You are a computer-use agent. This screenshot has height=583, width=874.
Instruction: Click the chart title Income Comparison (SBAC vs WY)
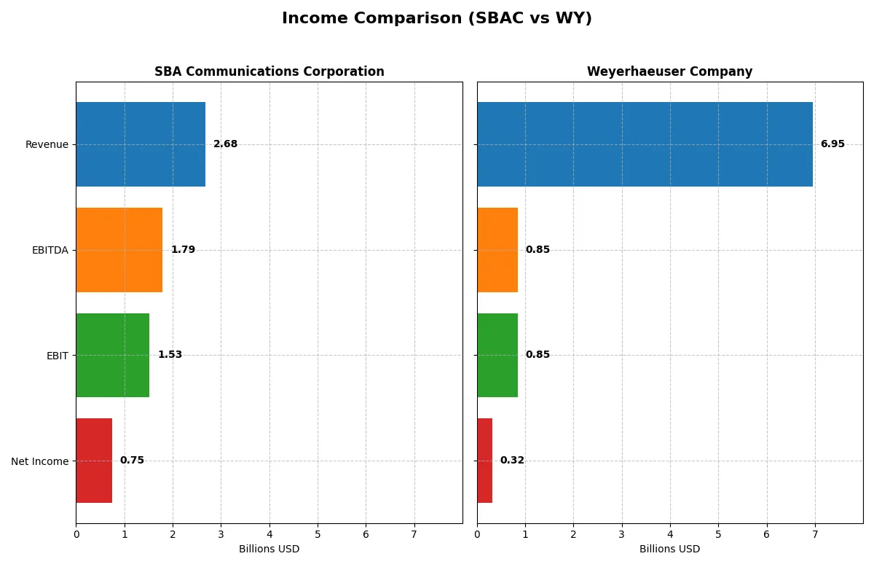point(437,18)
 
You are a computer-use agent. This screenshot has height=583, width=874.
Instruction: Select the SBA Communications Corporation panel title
point(269,71)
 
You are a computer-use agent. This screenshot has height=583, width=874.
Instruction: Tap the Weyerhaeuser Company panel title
point(669,71)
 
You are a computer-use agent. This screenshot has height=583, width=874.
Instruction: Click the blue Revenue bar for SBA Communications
point(141,144)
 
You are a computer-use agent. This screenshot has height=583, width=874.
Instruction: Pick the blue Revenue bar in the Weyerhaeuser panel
point(645,144)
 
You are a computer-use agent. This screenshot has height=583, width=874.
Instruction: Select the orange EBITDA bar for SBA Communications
point(119,250)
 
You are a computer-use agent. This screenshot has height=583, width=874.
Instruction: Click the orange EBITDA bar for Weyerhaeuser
point(497,250)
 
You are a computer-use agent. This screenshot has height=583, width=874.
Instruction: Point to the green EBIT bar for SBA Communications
point(113,355)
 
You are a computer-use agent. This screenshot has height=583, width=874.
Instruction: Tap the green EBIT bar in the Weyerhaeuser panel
point(497,355)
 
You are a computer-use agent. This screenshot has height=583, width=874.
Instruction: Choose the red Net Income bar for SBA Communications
point(94,461)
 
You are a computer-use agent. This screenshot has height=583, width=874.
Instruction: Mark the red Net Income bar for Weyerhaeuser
point(485,461)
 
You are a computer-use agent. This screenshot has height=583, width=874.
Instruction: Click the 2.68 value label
point(225,144)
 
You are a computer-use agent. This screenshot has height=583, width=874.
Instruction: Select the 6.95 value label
point(832,144)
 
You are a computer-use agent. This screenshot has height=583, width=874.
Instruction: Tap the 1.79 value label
point(183,250)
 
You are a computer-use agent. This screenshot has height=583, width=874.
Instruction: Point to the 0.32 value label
point(512,461)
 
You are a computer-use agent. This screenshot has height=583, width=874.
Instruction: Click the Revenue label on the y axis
point(47,144)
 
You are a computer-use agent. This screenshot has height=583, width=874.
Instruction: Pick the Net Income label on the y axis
point(40,461)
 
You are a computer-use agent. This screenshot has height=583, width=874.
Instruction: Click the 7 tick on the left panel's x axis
point(414,534)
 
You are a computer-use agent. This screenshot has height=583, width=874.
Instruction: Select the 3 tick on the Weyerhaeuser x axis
point(622,534)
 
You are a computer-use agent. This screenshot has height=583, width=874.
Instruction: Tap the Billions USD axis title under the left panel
point(269,549)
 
